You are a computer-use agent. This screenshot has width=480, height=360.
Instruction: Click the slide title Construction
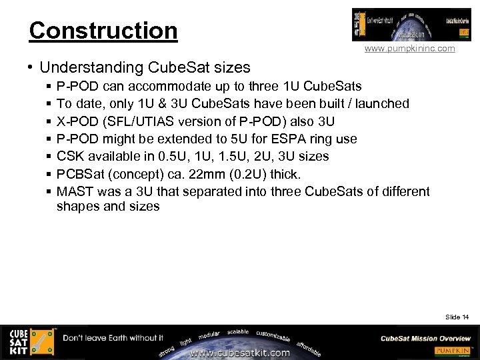pos(103,30)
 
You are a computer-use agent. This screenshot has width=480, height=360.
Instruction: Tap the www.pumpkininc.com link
pos(410,49)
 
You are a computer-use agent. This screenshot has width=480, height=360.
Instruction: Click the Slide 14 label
pos(457,317)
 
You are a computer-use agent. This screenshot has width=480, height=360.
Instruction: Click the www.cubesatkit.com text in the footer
pos(240,353)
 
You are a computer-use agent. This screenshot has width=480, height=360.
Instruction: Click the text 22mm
pos(205,174)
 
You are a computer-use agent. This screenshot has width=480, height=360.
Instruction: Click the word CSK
pos(70,156)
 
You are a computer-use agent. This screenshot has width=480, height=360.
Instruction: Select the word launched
pos(381,103)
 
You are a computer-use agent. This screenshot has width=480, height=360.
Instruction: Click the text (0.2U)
pos(248,174)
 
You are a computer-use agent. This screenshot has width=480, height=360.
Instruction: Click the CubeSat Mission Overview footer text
pos(426,338)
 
